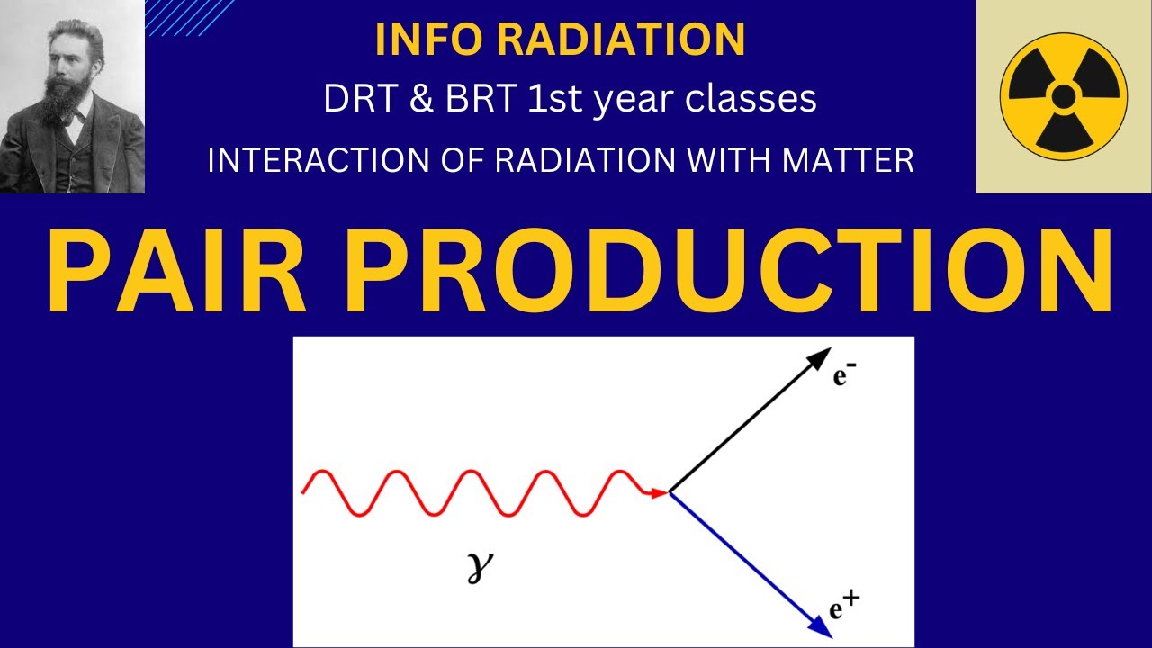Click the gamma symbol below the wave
[x=482, y=568]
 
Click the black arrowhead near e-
[x=818, y=358]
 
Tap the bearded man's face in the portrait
[x=64, y=67]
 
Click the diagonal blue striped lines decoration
[x=189, y=17]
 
